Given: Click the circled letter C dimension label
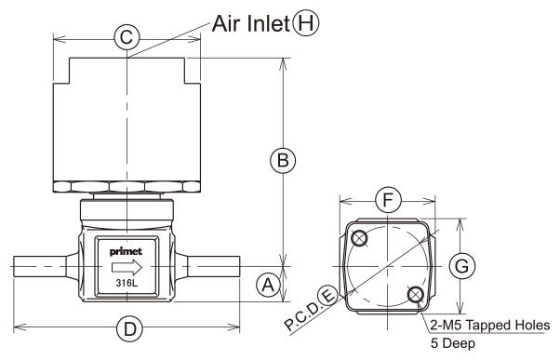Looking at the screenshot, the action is coord(127,37).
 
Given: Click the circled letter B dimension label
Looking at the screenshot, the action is coord(283,160).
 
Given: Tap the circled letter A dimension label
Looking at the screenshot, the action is coord(268,285).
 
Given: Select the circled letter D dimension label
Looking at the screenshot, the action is coord(129,327).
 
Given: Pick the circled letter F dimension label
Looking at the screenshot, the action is coord(388,200).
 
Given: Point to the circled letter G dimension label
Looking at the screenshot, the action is coord(462,266).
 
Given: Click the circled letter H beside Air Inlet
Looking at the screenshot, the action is coord(306,23).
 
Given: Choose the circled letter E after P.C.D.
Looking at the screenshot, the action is coord(328,296).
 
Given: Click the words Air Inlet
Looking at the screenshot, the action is coord(250,23).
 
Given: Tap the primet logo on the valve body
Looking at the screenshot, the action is coord(127,251).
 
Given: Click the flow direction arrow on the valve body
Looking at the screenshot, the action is coord(127,267).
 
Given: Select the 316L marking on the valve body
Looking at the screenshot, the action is coord(127,284).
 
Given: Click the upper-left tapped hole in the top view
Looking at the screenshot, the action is coord(359,238).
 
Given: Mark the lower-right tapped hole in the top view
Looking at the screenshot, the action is coord(416,294).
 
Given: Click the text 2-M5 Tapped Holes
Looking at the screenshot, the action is coord(490,325).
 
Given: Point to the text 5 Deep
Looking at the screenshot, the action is coord(453,343).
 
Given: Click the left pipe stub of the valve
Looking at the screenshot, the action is coord(40,266).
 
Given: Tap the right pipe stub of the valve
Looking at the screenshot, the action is coord(214,266).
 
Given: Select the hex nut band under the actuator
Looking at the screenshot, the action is coord(127,187).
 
